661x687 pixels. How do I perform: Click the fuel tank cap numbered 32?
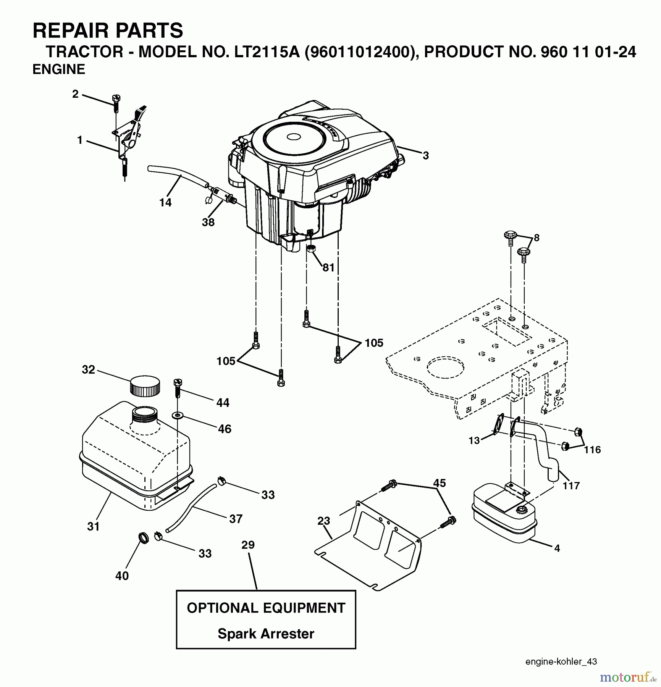pyautogui.click(x=145, y=386)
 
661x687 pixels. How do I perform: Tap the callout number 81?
pyautogui.click(x=328, y=268)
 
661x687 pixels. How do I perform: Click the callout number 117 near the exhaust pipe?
pyautogui.click(x=571, y=485)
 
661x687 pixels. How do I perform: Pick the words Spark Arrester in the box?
pyautogui.click(x=266, y=634)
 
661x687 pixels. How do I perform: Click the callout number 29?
pyautogui.click(x=248, y=545)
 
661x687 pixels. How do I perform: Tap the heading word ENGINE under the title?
pyautogui.click(x=59, y=69)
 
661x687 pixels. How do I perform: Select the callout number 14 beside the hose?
pyautogui.click(x=165, y=202)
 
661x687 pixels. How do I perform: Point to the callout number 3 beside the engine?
pyautogui.click(x=425, y=155)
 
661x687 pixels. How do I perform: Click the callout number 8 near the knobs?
pyautogui.click(x=537, y=238)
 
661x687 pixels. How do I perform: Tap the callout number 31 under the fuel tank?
pyautogui.click(x=93, y=526)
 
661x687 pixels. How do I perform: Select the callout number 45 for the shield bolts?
pyautogui.click(x=440, y=483)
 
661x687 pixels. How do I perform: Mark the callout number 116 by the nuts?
pyautogui.click(x=592, y=450)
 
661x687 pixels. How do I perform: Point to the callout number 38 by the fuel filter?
pyautogui.click(x=208, y=222)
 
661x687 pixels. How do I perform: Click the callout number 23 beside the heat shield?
pyautogui.click(x=323, y=521)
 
